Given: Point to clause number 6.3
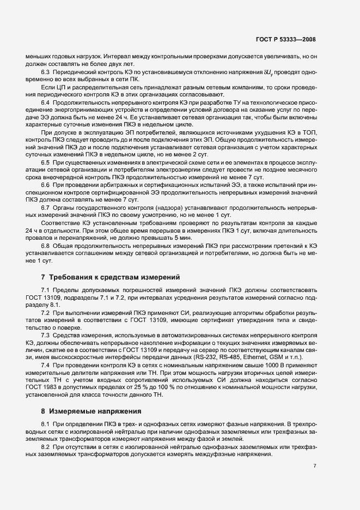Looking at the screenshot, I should click(x=46, y=72).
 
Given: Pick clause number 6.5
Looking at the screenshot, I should click(x=46, y=162).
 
